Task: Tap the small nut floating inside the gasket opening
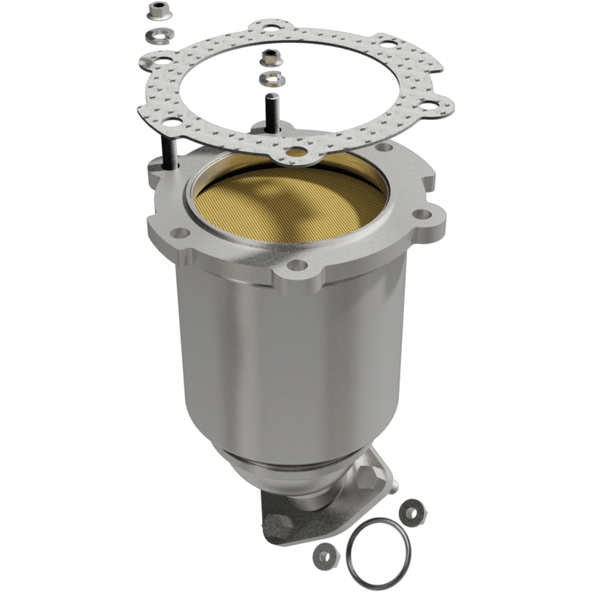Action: (x=269, y=58)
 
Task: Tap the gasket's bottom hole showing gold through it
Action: (x=297, y=152)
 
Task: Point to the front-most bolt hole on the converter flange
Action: (x=297, y=264)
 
